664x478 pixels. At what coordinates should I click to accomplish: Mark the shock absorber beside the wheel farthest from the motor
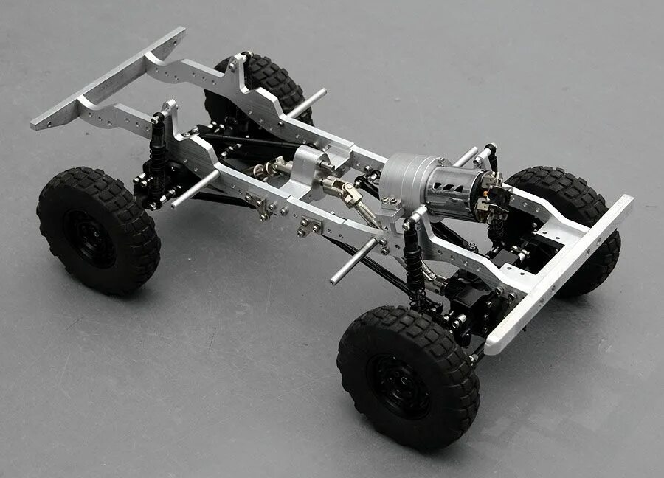(x=157, y=159)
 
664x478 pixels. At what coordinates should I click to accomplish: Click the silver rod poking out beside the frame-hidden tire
(x=307, y=103)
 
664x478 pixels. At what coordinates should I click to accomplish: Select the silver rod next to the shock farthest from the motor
(x=194, y=189)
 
